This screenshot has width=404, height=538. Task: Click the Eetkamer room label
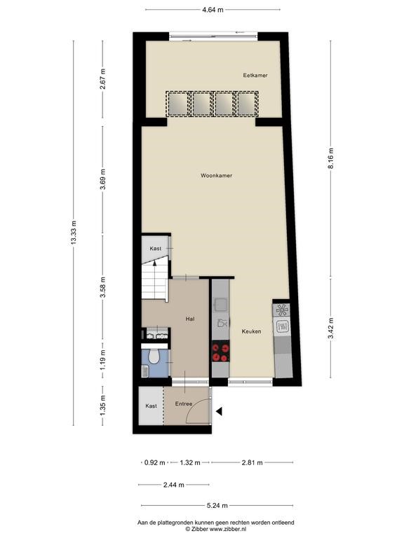(x=255, y=75)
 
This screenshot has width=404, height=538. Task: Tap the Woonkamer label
(x=217, y=176)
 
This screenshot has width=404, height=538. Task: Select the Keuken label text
(x=252, y=331)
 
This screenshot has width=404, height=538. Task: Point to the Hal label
(x=190, y=319)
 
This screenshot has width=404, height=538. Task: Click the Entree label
(x=184, y=403)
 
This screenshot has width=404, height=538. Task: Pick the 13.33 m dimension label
(x=74, y=233)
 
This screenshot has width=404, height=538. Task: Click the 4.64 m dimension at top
(x=213, y=10)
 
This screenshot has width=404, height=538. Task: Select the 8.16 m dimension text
(x=331, y=158)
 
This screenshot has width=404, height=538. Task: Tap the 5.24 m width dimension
(x=217, y=505)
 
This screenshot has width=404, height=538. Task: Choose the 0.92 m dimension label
(x=154, y=462)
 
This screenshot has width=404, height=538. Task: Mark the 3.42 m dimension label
(x=331, y=328)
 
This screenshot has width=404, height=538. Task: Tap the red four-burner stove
(x=220, y=352)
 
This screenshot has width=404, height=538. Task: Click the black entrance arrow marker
(x=219, y=411)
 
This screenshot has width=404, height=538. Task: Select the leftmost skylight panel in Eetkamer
(x=177, y=104)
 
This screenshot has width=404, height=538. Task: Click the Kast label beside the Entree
(x=151, y=406)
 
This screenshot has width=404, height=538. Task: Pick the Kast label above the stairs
(x=155, y=249)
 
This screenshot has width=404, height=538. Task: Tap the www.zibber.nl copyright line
(x=216, y=529)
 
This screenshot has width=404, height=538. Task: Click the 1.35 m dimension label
(x=102, y=406)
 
